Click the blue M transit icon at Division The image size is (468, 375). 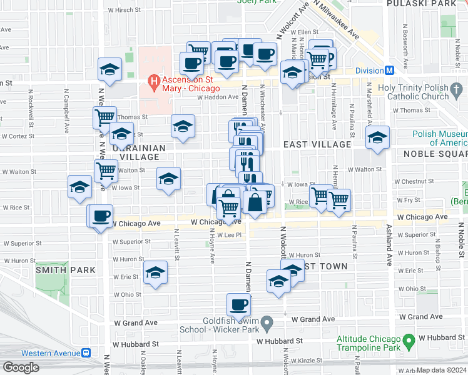[x=389, y=71]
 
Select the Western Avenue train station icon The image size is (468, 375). [x=86, y=352]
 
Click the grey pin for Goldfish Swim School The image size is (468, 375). [x=267, y=324]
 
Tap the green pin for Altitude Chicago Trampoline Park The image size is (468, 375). [x=409, y=342]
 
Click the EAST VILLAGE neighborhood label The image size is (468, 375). [x=317, y=144]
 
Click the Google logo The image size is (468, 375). [x=21, y=367]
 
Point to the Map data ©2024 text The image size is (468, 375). [x=441, y=370]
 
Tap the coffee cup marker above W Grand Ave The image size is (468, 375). [x=238, y=305]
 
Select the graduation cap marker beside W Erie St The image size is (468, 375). [x=156, y=272]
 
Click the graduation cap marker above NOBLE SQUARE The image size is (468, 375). [x=377, y=138]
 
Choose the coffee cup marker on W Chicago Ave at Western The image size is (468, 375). [x=100, y=217]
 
